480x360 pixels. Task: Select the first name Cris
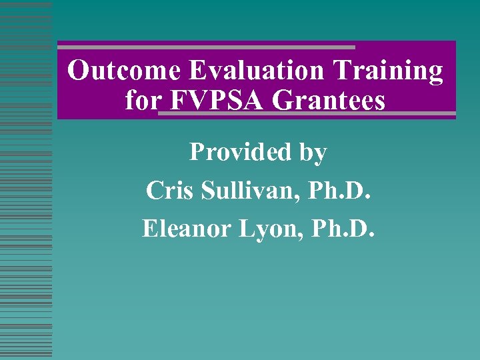pyautogui.click(x=169, y=191)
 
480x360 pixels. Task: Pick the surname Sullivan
pyautogui.click(x=245, y=191)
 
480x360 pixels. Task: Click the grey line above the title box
pyautogui.click(x=207, y=47)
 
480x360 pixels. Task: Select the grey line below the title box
pyautogui.click(x=307, y=114)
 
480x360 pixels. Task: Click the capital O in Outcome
pyautogui.click(x=79, y=71)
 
